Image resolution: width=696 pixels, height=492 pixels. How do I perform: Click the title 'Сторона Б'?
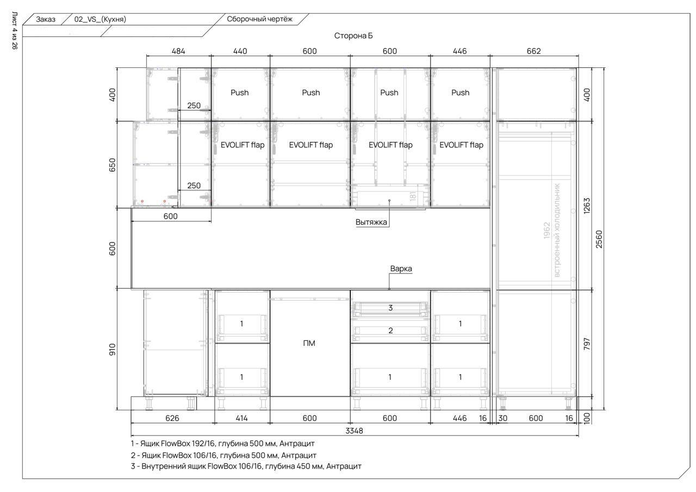pos(353,36)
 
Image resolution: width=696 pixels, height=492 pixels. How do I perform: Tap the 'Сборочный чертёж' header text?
pos(259,19)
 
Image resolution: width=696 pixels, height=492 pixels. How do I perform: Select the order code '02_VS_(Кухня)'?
pos(100,19)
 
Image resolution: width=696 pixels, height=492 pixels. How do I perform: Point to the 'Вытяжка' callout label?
pos(371,222)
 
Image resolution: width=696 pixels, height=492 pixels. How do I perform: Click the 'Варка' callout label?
pos(401,269)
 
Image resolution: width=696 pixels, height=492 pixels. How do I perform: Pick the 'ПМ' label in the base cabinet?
pos(309,343)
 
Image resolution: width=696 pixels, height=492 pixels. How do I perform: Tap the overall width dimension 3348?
pos(354,431)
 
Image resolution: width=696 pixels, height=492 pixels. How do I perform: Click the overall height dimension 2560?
pos(599,239)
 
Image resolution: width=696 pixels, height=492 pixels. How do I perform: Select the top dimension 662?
pos(534,51)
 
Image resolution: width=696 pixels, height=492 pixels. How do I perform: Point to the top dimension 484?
pos(178,51)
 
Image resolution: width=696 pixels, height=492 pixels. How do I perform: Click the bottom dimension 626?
pos(172,418)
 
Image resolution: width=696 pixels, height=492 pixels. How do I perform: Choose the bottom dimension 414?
pos(241,418)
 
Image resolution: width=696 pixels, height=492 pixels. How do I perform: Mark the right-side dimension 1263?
pos(586,205)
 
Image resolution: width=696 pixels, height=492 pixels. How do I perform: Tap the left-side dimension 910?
pos(112,350)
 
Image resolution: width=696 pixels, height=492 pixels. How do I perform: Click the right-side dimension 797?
pos(586,344)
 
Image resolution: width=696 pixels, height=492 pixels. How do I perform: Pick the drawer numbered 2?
pos(390,331)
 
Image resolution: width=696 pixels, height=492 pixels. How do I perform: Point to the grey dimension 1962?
pos(547,231)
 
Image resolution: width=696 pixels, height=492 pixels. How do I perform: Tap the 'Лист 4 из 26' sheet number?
pos(15,30)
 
